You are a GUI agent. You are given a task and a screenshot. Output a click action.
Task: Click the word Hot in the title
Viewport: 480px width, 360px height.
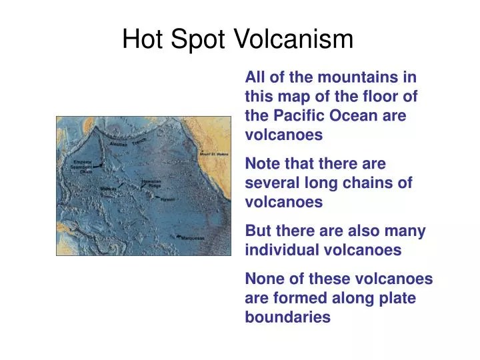click(x=142, y=40)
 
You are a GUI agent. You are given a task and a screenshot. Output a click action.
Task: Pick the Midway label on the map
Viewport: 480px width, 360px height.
click(x=108, y=189)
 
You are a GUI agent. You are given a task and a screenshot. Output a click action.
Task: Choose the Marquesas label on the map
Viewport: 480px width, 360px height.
click(x=194, y=237)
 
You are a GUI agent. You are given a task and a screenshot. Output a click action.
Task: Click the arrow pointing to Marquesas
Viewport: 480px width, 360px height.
click(x=180, y=236)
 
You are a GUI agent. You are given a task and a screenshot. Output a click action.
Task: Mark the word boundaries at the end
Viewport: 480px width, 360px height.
click(x=287, y=317)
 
